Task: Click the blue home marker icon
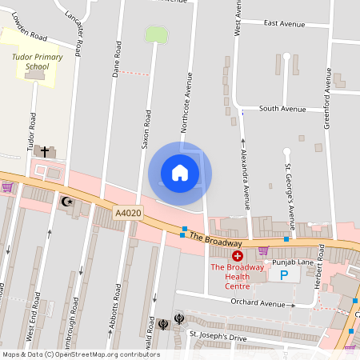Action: (x=180, y=173)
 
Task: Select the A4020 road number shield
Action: (x=127, y=213)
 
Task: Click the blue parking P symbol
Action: (x=283, y=274)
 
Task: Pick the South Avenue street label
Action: (x=282, y=109)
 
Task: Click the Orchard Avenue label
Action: (x=258, y=304)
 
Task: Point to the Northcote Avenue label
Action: (x=190, y=102)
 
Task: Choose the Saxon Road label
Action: (x=146, y=128)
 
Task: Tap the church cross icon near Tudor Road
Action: (x=45, y=150)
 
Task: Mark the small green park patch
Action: (x=155, y=34)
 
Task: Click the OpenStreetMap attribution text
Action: (x=81, y=354)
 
